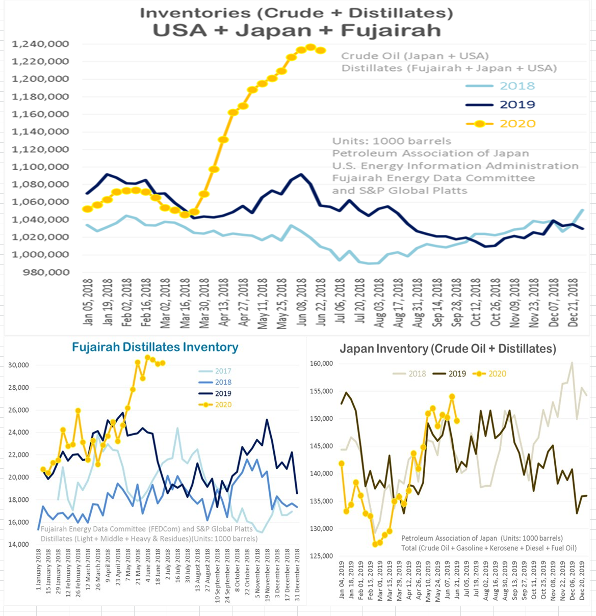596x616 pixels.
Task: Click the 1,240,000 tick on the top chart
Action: tap(40, 44)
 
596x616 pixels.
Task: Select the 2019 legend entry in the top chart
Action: tap(517, 105)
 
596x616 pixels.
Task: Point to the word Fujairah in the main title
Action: tap(391, 31)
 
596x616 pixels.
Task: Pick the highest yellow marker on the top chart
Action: tap(311, 47)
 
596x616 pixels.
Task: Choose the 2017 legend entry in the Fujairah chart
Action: tap(223, 371)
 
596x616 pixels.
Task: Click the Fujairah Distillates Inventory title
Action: tap(155, 347)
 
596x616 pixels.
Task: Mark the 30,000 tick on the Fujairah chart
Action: tap(18, 365)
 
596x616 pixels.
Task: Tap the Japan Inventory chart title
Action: tap(448, 349)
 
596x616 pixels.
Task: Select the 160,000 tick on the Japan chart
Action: tap(321, 364)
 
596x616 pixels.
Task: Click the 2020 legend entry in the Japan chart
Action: tap(497, 374)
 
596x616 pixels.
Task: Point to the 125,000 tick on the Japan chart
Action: tap(321, 556)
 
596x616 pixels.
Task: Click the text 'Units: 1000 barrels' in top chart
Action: tap(392, 142)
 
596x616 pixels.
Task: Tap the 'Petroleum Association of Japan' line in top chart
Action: tap(430, 154)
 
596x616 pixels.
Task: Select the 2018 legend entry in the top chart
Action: tap(517, 86)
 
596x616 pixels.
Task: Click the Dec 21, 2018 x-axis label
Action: tap(574, 303)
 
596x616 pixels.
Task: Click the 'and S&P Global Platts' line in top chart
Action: tap(399, 191)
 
